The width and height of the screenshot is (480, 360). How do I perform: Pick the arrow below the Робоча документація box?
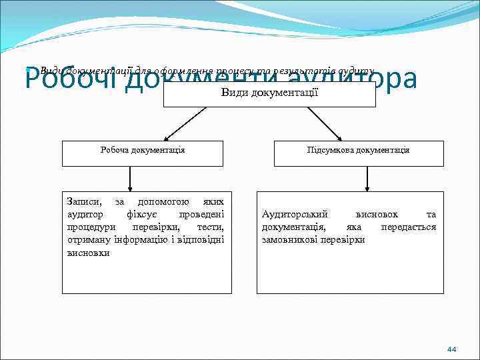tap(129, 178)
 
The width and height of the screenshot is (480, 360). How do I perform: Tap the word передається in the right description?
tap(408, 227)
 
